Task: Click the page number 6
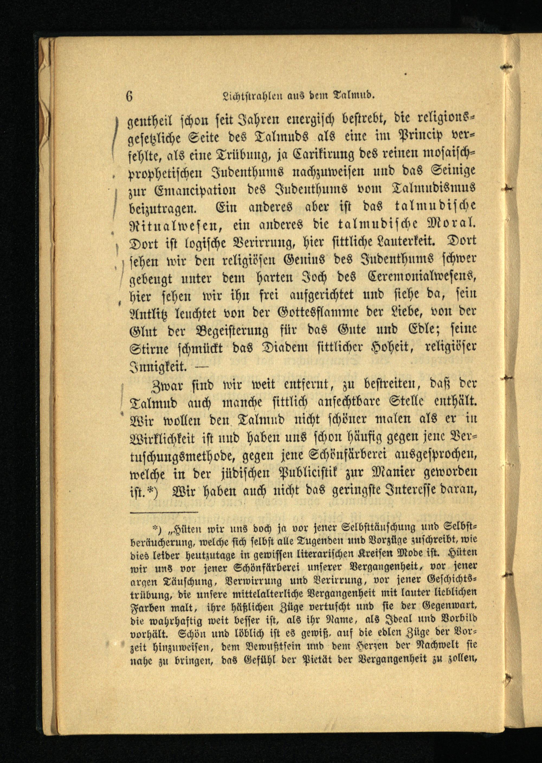pos(130,96)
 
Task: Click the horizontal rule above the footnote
pos(164,512)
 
